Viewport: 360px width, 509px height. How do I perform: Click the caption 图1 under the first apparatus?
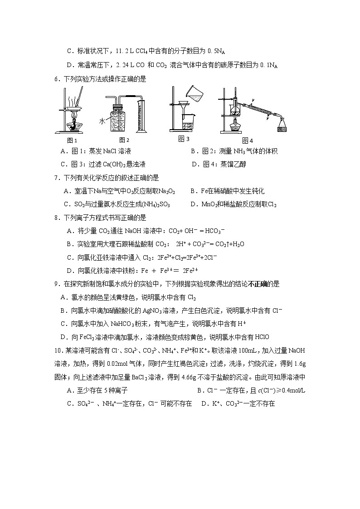click(x=72, y=140)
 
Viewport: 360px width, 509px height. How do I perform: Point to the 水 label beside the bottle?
click(x=102, y=121)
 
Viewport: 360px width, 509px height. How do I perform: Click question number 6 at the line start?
click(x=57, y=79)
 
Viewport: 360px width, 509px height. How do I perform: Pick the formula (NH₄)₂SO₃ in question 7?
click(x=155, y=204)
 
